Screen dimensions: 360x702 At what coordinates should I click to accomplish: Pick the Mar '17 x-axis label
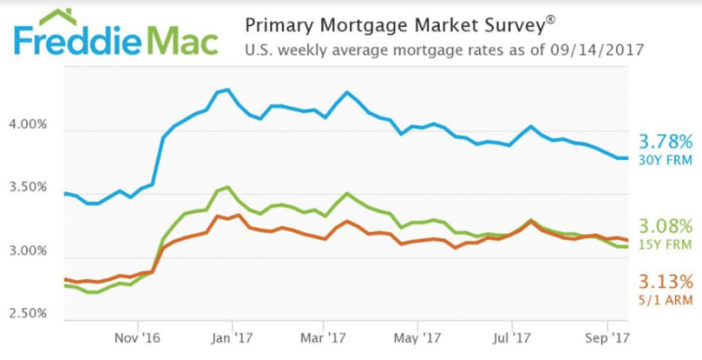click(324, 336)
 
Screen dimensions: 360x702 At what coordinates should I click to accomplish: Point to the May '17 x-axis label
click(418, 336)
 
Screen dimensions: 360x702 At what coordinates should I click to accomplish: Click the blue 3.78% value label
click(665, 140)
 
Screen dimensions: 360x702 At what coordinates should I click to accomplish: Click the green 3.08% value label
click(665, 226)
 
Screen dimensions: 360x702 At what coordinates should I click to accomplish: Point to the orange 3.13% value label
click(665, 282)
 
